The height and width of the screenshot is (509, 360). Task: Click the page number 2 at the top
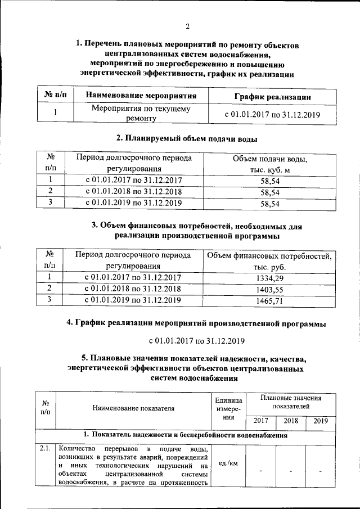click(x=188, y=26)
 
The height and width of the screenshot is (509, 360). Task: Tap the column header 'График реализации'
click(x=273, y=97)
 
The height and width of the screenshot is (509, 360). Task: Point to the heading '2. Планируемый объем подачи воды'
click(x=187, y=138)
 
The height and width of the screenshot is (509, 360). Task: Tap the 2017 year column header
click(x=261, y=421)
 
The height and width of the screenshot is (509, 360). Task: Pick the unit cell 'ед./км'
click(x=227, y=464)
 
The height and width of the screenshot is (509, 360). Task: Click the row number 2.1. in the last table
click(x=46, y=449)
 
